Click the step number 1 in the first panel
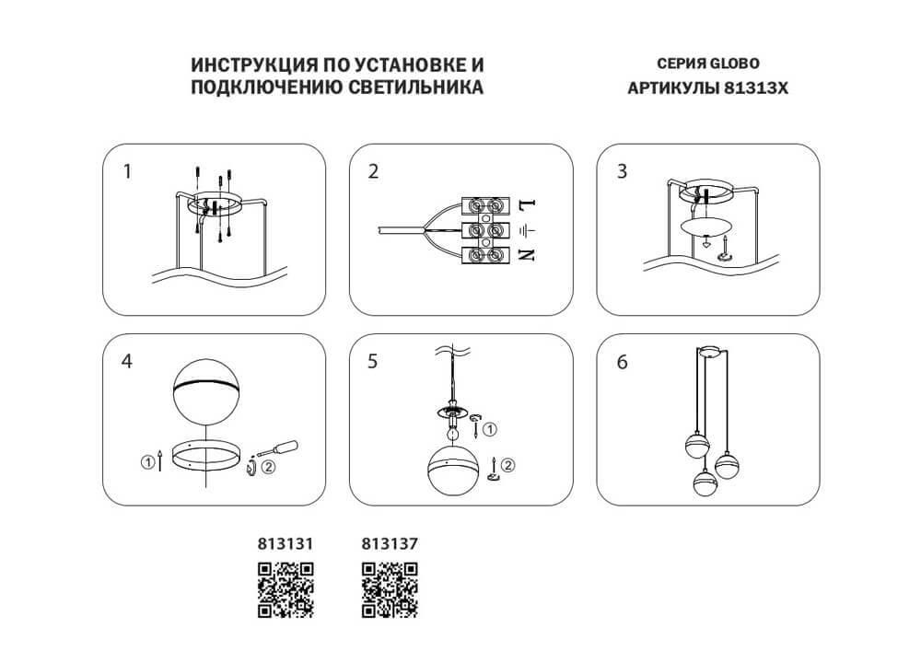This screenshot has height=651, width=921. pyautogui.click(x=128, y=171)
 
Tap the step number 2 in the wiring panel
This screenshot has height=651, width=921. pyautogui.click(x=373, y=171)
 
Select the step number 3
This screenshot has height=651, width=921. pyautogui.click(x=623, y=171)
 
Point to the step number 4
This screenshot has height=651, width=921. pyautogui.click(x=127, y=362)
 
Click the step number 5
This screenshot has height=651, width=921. pyautogui.click(x=373, y=362)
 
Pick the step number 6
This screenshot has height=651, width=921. pyautogui.click(x=623, y=362)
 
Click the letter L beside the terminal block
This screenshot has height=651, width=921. pyautogui.click(x=526, y=203)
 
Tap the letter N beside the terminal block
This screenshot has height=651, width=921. pyautogui.click(x=526, y=255)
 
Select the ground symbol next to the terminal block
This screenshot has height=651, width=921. pyautogui.click(x=526, y=229)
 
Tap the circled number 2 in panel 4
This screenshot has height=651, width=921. pyautogui.click(x=268, y=466)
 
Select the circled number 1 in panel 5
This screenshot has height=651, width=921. pyautogui.click(x=490, y=428)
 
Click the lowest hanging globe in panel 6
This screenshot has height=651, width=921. pyautogui.click(x=705, y=483)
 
